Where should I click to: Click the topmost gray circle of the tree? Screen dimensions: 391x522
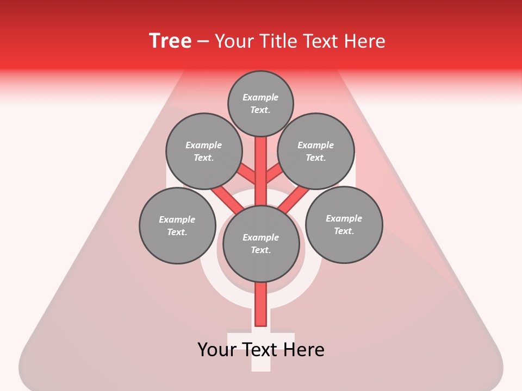(260, 103)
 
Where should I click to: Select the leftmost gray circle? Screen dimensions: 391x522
(178, 225)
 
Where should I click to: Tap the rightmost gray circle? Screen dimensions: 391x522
(344, 224)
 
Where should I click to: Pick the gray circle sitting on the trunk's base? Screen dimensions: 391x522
(261, 244)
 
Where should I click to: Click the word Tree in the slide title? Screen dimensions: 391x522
(170, 41)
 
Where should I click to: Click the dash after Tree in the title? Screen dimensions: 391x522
(203, 41)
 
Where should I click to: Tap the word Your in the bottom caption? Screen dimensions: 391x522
(217, 349)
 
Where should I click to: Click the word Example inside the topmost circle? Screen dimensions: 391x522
(260, 97)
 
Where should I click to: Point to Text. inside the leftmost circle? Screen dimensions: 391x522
(177, 232)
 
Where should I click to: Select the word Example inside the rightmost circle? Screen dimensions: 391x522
(344, 218)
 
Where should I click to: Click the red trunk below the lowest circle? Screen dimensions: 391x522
(261, 304)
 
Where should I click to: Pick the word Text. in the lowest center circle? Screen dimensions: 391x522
(260, 250)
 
